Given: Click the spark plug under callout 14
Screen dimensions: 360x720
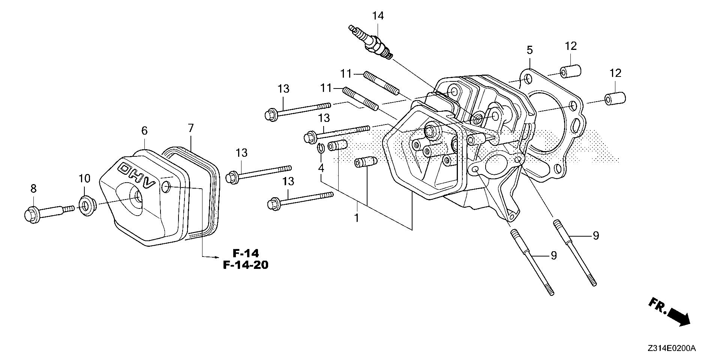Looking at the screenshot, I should (x=371, y=42).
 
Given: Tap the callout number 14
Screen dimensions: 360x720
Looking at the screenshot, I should (x=378, y=16).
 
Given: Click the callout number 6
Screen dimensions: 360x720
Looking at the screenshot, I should (x=144, y=131).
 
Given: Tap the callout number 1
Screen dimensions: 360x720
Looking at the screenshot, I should (x=357, y=217).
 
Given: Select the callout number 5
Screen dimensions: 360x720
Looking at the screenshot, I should (x=529, y=50).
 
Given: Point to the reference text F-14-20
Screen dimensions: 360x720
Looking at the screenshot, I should (x=246, y=265).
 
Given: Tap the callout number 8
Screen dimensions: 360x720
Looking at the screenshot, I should (x=33, y=189).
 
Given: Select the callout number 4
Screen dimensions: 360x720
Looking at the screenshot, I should (x=321, y=168).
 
